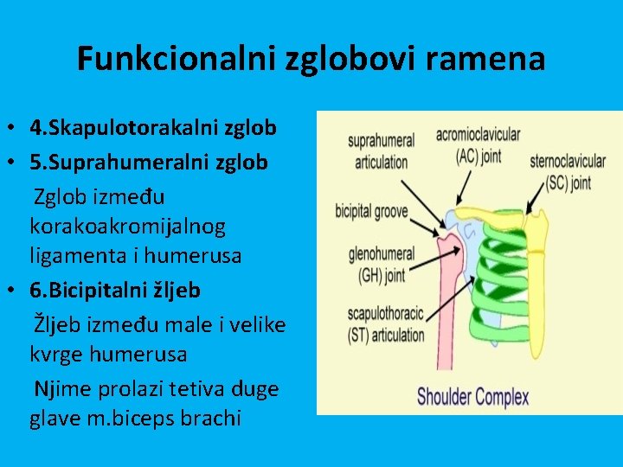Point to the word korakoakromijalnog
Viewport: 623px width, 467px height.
click(x=127, y=227)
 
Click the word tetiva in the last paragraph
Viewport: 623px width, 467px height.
click(x=206, y=388)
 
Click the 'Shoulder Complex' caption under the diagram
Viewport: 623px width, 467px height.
click(x=472, y=397)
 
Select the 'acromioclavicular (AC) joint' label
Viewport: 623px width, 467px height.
click(x=478, y=144)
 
